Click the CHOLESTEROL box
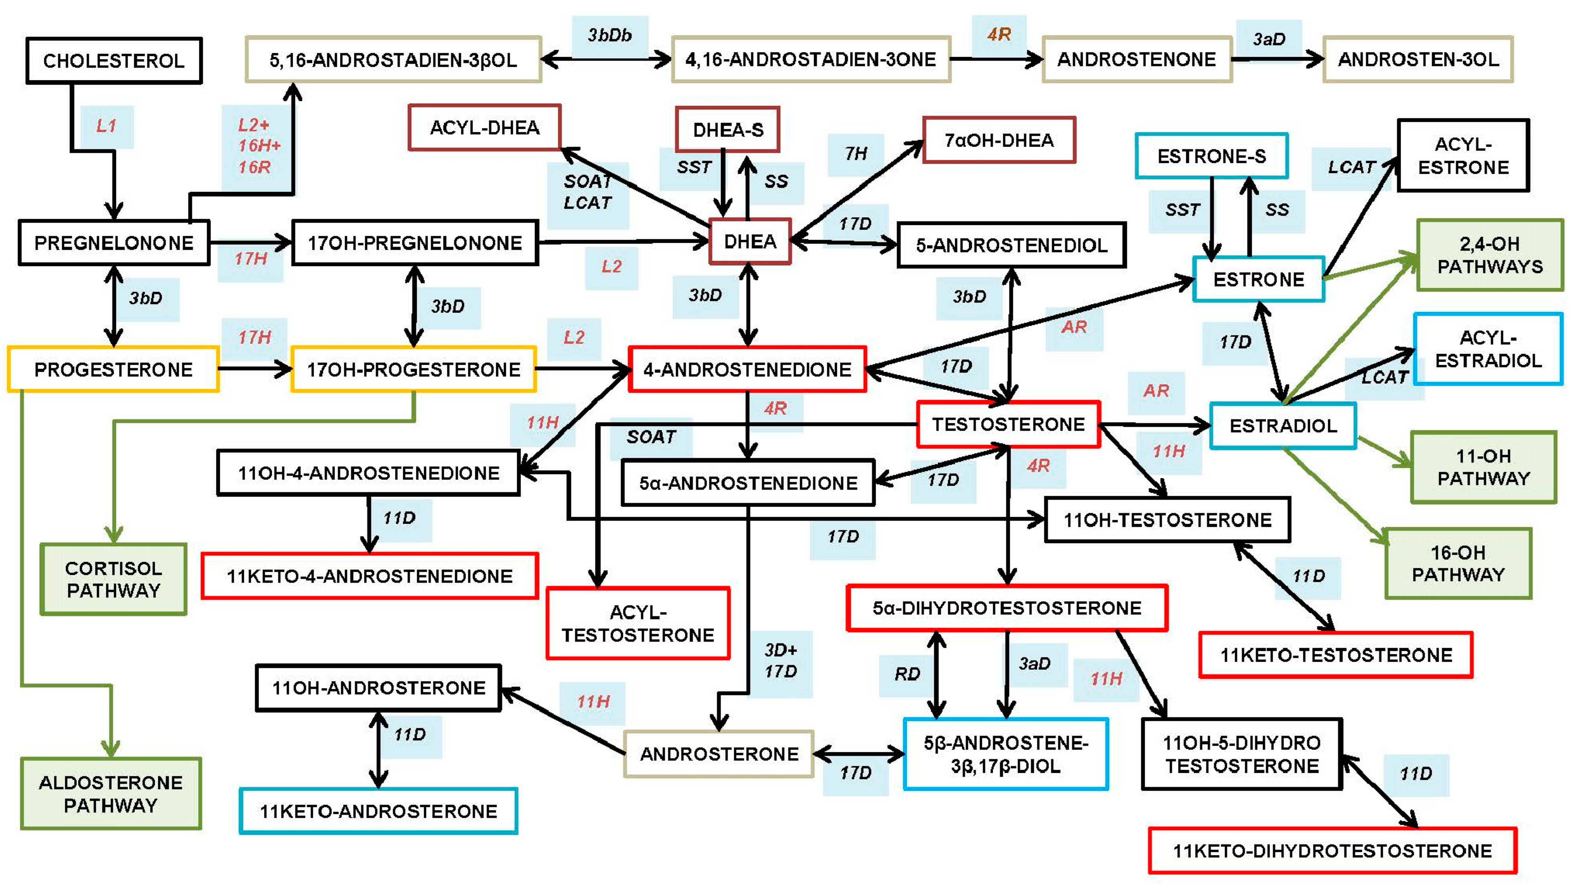pos(114,60)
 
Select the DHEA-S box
pos(727,129)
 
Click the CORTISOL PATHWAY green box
pos(114,579)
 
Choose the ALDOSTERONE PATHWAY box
pos(111,793)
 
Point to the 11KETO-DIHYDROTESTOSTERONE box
pos(1332,850)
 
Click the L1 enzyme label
pos(106,126)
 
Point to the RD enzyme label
pos(906,674)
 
